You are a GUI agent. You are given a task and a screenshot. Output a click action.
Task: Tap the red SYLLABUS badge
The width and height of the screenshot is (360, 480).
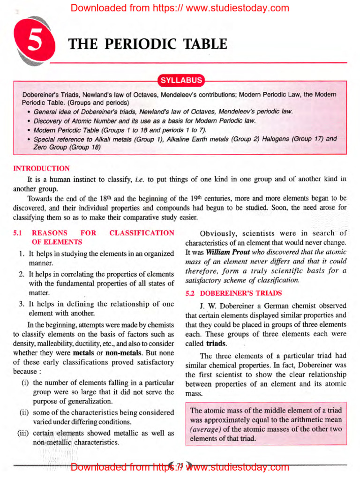181,80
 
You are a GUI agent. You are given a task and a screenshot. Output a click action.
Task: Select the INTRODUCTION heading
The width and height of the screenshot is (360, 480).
42,168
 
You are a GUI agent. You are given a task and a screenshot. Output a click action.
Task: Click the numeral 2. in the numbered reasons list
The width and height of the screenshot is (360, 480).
22,274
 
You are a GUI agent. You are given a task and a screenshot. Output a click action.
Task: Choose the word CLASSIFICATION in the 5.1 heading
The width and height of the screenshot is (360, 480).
142,233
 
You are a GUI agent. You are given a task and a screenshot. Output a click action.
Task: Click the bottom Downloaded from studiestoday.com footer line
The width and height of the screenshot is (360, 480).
180,467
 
